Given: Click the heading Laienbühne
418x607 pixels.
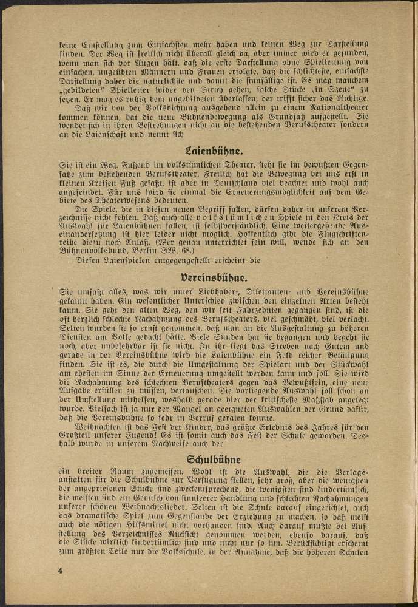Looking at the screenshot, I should tap(209, 151).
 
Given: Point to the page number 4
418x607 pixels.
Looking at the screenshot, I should tap(61, 571).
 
